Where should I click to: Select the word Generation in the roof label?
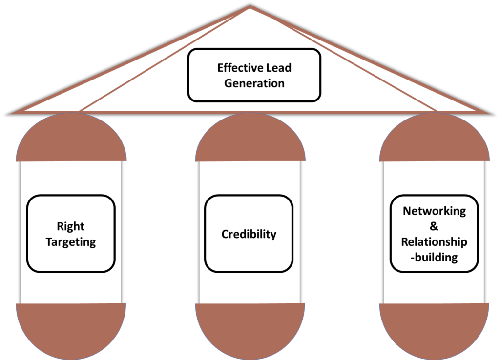254,83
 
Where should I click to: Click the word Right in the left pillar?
71,226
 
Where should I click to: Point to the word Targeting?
71,242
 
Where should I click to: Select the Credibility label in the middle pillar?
249,234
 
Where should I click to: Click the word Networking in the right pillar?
434,211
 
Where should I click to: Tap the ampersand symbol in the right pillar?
434,226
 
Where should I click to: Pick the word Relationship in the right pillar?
434,242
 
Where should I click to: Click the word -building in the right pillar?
434,258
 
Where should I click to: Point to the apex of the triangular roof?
250,7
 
